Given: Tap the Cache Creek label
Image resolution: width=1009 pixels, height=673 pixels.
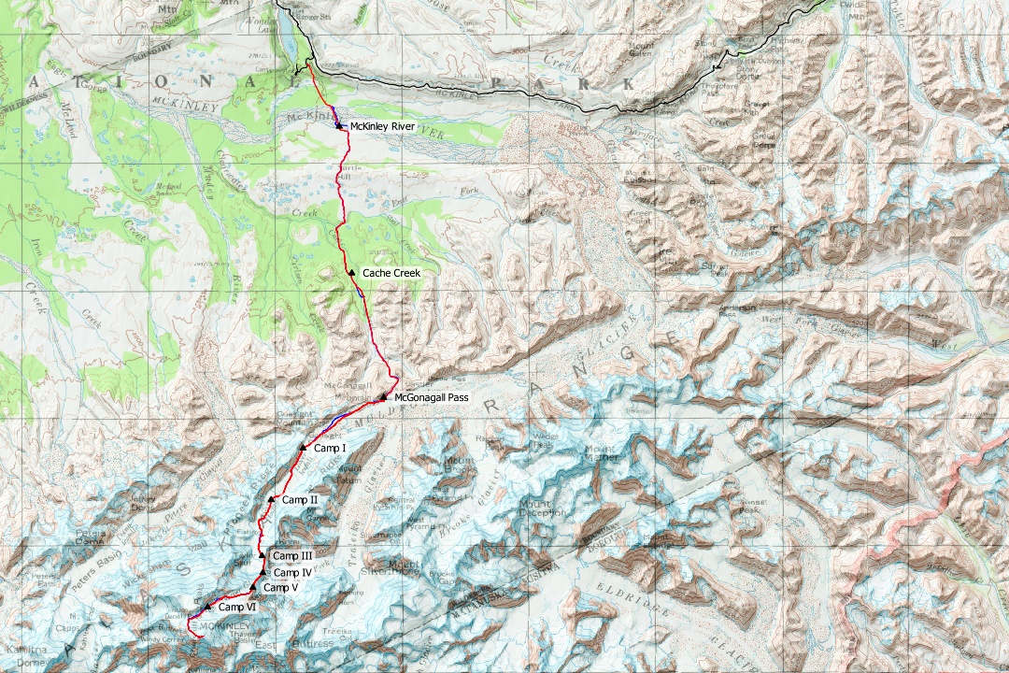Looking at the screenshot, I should tap(391, 273).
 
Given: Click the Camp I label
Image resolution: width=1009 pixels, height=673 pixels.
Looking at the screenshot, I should tap(330, 449).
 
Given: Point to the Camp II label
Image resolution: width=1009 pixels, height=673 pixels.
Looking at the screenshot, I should tap(300, 500).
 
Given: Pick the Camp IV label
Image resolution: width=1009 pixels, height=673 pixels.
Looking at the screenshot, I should tap(291, 573).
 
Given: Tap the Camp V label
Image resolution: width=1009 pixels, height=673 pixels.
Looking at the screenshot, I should tap(280, 588).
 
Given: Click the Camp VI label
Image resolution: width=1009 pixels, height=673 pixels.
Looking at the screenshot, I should tap(237, 608).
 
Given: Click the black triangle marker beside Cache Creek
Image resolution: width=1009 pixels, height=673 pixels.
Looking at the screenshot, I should tap(351, 272).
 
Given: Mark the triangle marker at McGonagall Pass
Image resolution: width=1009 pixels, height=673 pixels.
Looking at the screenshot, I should tap(383, 397).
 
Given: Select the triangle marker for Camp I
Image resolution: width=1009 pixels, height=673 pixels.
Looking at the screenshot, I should tap(303, 448).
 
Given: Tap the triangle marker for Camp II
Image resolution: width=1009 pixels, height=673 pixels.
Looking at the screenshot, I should tap(271, 499).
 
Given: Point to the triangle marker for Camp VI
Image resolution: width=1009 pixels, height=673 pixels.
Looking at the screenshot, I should tap(207, 607).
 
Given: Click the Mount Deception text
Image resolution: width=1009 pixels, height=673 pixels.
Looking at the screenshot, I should tap(542, 508).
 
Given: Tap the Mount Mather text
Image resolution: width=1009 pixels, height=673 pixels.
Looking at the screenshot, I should tap(600, 453).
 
